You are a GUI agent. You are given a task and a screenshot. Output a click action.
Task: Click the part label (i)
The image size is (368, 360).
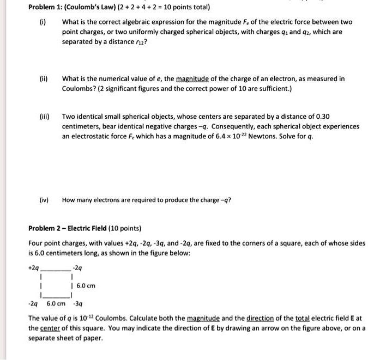click(x=43, y=22)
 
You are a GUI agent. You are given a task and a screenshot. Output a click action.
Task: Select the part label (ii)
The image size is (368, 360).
click(x=43, y=79)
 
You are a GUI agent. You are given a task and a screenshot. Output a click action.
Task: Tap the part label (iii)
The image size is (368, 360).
click(x=44, y=117)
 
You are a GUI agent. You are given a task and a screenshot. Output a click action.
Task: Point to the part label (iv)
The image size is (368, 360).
click(x=44, y=199)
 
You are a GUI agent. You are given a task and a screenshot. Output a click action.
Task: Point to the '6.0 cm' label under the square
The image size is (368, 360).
click(x=56, y=304)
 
